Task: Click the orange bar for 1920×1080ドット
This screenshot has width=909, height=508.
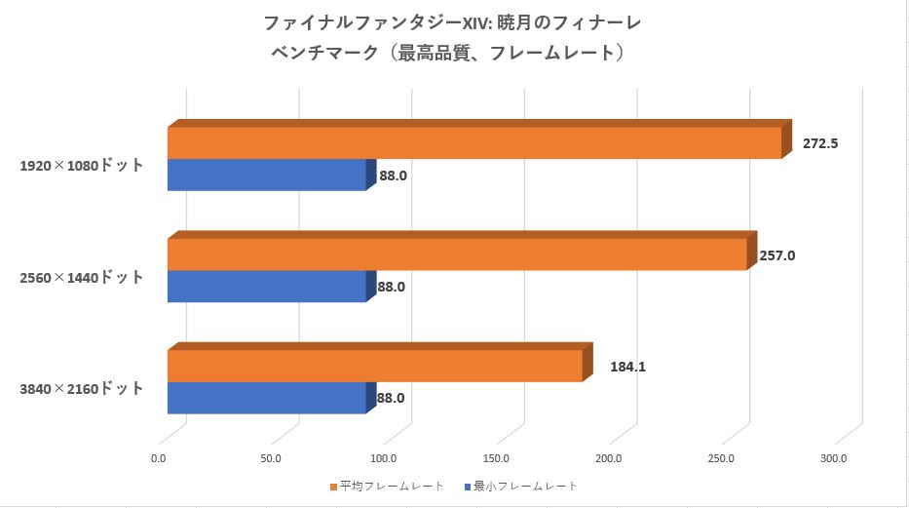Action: pyautogui.click(x=474, y=142)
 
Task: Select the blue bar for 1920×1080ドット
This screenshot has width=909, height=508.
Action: pyautogui.click(x=266, y=175)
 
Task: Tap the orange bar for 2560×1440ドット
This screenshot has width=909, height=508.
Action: pyautogui.click(x=457, y=254)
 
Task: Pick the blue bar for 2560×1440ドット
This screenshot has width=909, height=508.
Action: pyautogui.click(x=266, y=286)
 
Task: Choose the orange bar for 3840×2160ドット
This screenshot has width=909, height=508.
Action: pyautogui.click(x=375, y=366)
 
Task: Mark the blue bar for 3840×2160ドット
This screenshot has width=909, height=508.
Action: pyautogui.click(x=266, y=397)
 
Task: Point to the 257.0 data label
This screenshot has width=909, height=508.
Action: pyautogui.click(x=777, y=255)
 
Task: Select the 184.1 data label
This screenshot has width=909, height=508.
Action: pyautogui.click(x=628, y=368)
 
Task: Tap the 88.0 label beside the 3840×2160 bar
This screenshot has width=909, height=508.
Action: pyautogui.click(x=391, y=398)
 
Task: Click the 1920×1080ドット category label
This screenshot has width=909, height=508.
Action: pyautogui.click(x=82, y=166)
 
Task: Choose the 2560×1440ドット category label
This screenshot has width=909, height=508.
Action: pyautogui.click(x=82, y=278)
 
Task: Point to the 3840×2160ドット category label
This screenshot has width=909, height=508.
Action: pyautogui.click(x=82, y=389)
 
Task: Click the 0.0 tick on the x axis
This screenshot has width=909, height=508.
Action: pyautogui.click(x=159, y=456)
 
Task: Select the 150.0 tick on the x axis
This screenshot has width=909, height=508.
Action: pyautogui.click(x=497, y=456)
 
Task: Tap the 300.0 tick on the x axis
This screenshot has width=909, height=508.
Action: pyautogui.click(x=834, y=456)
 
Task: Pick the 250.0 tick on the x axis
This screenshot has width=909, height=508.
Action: pyautogui.click(x=722, y=456)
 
